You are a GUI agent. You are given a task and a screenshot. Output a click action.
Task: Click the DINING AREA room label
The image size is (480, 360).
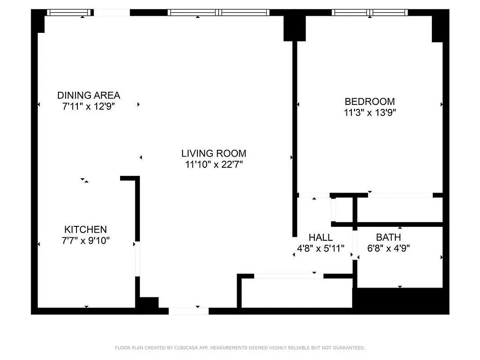click(x=89, y=95)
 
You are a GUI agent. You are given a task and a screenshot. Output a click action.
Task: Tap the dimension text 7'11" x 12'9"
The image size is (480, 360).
click(x=89, y=107)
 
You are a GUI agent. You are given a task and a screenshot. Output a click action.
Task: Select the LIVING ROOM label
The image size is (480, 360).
click(x=214, y=153)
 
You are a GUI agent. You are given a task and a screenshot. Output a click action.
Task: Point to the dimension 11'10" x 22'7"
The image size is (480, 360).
click(x=214, y=164)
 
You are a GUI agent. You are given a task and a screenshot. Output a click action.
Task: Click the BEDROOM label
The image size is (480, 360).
click(x=369, y=101)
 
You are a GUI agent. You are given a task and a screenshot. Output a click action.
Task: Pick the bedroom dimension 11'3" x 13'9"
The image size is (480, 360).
click(x=369, y=112)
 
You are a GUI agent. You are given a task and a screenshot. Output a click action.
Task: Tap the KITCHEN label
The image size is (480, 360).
click(x=85, y=229)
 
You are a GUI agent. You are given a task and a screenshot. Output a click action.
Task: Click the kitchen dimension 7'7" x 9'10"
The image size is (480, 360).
click(x=85, y=241)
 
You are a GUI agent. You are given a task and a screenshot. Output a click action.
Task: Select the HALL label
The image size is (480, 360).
click(x=321, y=237)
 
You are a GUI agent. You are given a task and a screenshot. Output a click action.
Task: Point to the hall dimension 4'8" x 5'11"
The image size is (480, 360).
click(x=321, y=248)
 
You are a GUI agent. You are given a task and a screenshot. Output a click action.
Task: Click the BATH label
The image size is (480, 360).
click(x=388, y=237)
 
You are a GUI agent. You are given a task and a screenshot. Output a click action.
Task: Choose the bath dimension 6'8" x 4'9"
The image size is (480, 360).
click(x=388, y=248)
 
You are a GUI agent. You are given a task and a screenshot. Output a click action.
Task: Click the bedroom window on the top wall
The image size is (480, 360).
click(x=370, y=13)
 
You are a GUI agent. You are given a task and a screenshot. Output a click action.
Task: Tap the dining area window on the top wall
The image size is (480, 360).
click(x=70, y=13)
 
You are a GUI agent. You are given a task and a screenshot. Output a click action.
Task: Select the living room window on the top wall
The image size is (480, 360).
click(x=219, y=13)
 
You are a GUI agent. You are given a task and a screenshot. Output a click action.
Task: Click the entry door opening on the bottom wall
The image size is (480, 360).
click(x=188, y=310)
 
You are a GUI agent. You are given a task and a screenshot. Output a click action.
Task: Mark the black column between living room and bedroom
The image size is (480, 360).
click(x=294, y=28)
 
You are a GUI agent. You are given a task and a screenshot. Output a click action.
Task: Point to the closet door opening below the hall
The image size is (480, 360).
click(x=288, y=276)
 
